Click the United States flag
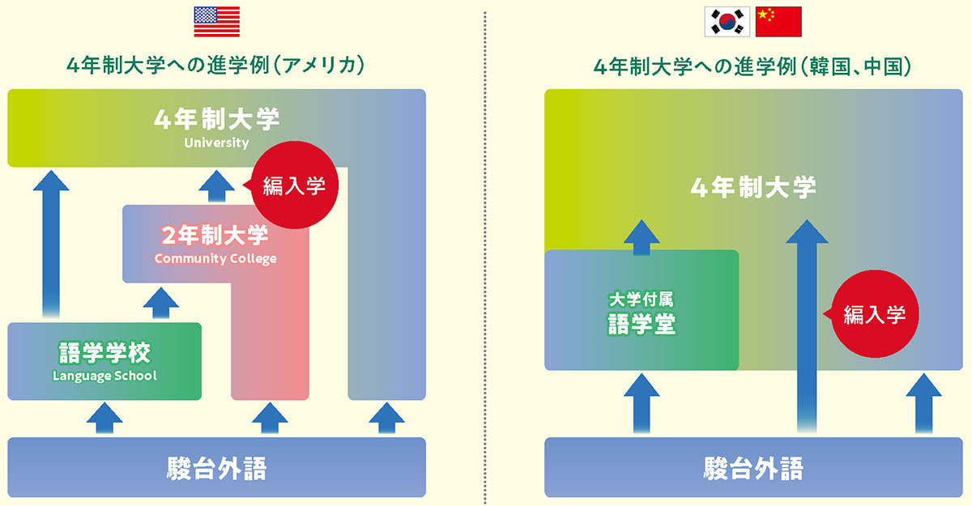(216, 22)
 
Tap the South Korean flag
(726, 22)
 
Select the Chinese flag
(778, 22)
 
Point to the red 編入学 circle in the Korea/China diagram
(874, 315)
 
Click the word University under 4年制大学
(216, 143)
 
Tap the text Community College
(215, 259)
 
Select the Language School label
(104, 376)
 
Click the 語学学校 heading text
(104, 353)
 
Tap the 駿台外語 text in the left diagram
(216, 468)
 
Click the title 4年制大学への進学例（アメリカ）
(215, 65)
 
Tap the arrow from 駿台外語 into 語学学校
(104, 419)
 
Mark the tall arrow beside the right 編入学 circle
(807, 324)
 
